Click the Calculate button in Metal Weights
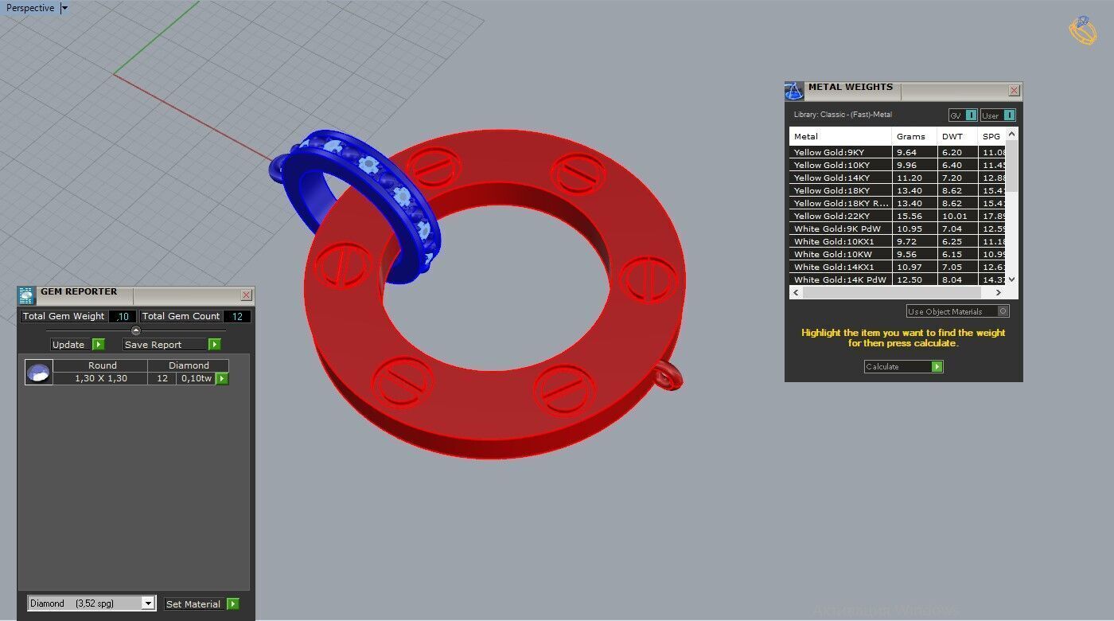(903, 367)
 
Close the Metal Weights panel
(1014, 91)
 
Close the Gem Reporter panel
(246, 295)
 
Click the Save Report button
(171, 345)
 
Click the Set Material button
(201, 604)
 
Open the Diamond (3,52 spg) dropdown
(148, 603)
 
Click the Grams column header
(911, 136)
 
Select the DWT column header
(952, 136)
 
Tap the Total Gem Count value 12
(237, 316)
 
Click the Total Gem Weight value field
(123, 316)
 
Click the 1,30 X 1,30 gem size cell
(100, 378)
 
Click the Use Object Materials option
(957, 311)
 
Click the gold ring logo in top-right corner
(1082, 30)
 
